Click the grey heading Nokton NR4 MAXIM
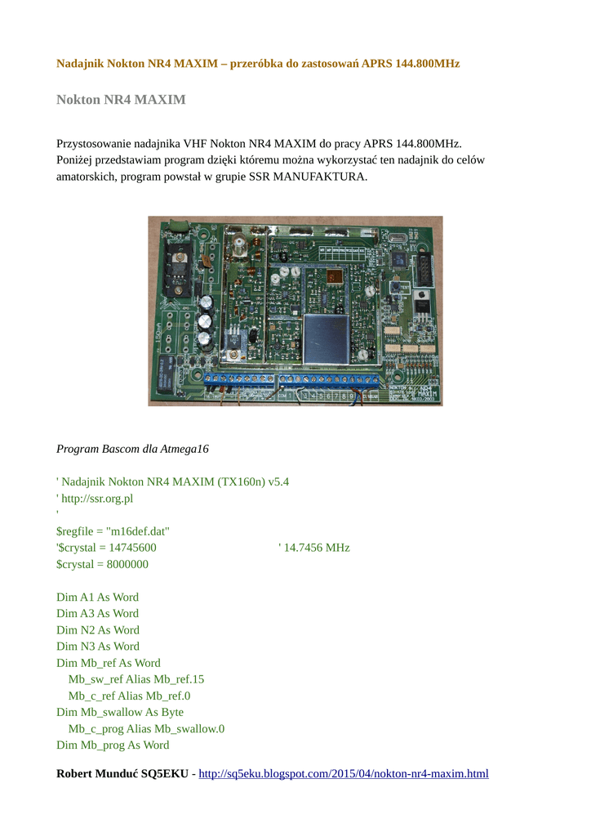point(121,100)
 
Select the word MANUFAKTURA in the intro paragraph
point(324,177)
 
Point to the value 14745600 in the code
point(131,548)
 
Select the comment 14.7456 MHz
point(318,548)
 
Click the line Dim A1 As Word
point(97,597)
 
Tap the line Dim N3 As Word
point(97,646)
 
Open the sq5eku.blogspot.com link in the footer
point(344,773)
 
